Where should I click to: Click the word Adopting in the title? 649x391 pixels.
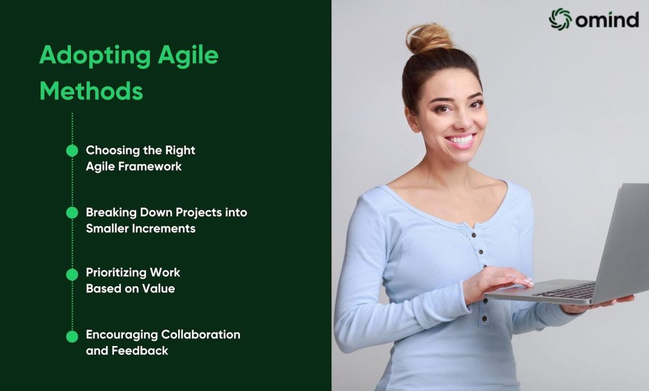click(95, 56)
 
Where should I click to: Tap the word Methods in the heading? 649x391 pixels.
click(91, 91)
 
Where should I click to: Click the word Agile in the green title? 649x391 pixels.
click(188, 56)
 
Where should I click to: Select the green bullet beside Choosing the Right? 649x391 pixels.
click(72, 150)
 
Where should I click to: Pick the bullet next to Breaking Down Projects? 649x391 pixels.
click(72, 213)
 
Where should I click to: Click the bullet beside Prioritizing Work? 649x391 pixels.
click(72, 274)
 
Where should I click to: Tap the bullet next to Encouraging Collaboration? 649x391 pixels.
click(72, 336)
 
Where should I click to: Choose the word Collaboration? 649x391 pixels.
click(201, 335)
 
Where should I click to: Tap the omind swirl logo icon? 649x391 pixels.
click(560, 19)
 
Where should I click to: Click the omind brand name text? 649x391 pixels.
click(607, 20)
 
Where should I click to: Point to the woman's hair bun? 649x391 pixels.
click(429, 38)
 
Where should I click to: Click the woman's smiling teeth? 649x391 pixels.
click(461, 139)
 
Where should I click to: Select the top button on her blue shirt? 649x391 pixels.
click(473, 235)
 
